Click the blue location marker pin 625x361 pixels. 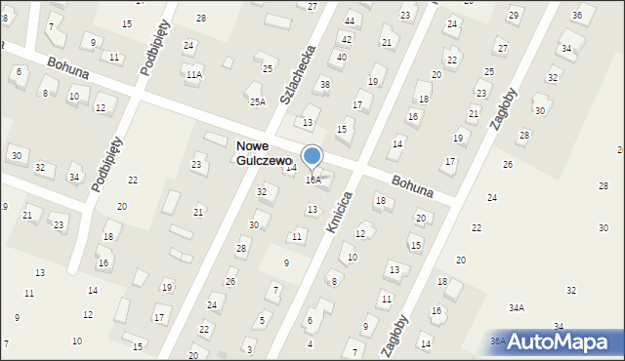pos(312,156)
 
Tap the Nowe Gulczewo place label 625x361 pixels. pos(264,153)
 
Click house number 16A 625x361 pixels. pos(313,180)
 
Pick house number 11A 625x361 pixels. pos(194,74)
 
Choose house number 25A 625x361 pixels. pos(257,101)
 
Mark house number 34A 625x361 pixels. pos(516,307)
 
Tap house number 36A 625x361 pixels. pos(498,341)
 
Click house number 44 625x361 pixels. pos(350,20)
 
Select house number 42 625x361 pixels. pos(346,38)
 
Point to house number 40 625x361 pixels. pos(341,57)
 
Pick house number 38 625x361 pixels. pos(325,84)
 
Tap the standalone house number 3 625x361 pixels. pos(249,349)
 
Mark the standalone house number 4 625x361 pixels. pos(311,343)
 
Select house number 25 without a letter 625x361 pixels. pos(268,68)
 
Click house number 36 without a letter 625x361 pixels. pos(577,15)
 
